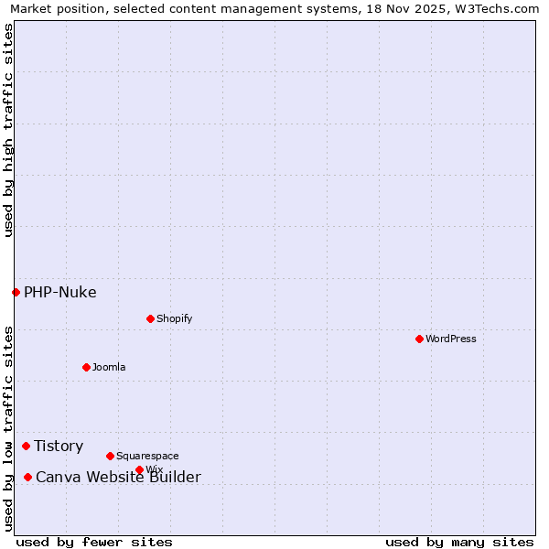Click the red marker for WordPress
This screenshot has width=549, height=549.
pos(419,339)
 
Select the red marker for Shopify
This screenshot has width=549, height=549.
pos(150,318)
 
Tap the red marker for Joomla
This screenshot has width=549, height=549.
pos(86,367)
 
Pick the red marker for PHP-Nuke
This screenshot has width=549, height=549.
pos(16,292)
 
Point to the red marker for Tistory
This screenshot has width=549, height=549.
pos(26,446)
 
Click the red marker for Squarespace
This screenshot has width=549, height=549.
pos(110,456)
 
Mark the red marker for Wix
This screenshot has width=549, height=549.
pos(139,469)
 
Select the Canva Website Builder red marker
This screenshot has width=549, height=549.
pos(27,477)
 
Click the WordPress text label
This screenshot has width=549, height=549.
pos(451,339)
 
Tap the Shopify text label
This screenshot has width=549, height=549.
pos(174,318)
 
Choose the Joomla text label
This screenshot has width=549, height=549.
pos(109,367)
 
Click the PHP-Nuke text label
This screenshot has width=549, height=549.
pos(60,293)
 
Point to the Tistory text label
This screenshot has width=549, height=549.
pos(59,447)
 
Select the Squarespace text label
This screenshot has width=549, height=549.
pos(147,456)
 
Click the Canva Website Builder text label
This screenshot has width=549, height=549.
pos(118,478)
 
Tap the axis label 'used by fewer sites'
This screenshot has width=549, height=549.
pos(94,542)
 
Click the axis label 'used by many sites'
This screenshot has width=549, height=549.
pos(459,542)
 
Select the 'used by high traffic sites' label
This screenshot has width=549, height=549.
pos(9,130)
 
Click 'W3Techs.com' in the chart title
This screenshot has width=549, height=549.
pos(495,8)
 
